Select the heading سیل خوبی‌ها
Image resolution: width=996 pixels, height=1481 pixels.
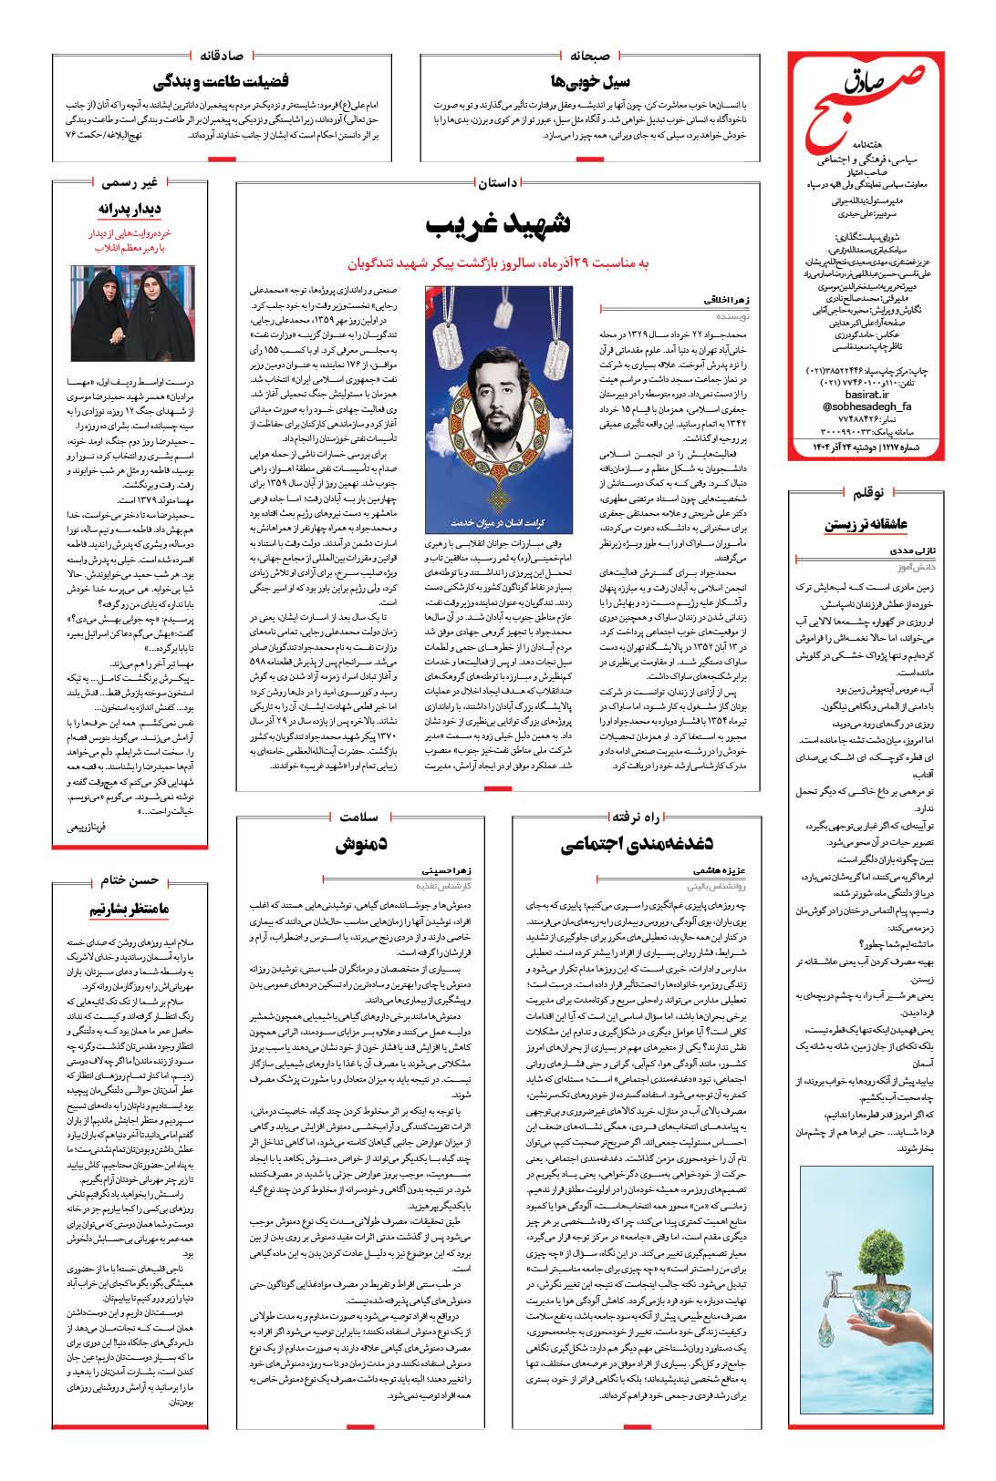pyautogui.click(x=592, y=79)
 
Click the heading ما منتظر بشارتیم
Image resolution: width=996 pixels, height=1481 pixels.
pyautogui.click(x=130, y=910)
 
